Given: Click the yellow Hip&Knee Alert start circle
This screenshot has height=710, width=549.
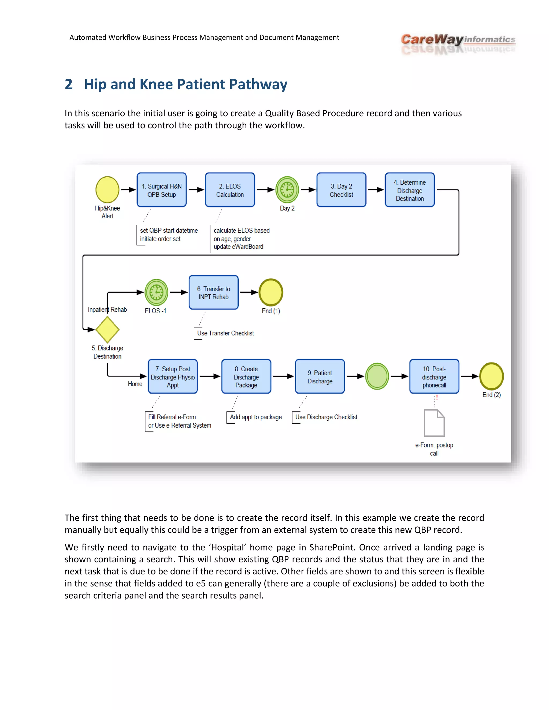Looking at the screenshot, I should point(107,189).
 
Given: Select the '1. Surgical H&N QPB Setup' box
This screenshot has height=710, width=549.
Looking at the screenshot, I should point(162,190).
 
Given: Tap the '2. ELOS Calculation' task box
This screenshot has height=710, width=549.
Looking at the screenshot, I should point(230,190).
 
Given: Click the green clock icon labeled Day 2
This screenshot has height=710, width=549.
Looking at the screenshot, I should point(287,189).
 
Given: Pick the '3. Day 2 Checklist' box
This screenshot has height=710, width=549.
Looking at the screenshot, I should point(341,190).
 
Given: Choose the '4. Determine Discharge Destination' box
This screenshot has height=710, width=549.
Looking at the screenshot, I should point(410,190).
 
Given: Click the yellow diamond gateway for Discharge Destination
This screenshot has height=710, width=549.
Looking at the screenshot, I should point(107,329).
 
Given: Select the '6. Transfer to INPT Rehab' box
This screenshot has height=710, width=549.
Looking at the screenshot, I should point(214,292).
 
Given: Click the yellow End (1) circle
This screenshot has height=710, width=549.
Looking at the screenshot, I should point(270,292).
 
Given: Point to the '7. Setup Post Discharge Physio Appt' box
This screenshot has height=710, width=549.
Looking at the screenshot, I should point(173,376).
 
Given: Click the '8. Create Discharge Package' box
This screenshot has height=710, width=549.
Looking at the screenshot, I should point(246,376).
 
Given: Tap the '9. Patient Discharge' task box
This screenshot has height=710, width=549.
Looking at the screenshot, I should point(320,376).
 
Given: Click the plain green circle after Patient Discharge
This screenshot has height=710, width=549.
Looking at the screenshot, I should point(377,376).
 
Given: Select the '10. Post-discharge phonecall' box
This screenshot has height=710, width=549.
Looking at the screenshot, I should point(434,376).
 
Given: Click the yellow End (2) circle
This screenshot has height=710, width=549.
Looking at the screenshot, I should point(491,376).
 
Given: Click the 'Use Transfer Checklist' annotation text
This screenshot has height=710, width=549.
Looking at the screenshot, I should point(225,333).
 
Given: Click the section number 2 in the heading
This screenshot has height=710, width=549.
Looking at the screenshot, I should point(68,84).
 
